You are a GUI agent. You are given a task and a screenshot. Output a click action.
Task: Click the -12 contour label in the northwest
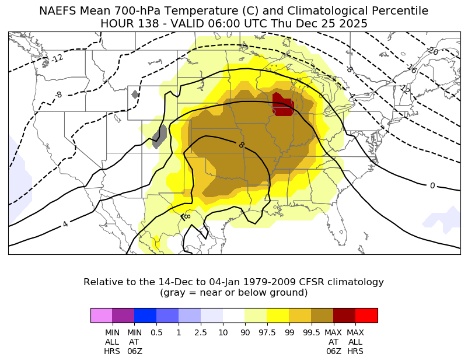pyautogui.click(x=57, y=58)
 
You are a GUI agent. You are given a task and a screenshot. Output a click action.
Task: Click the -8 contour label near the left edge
pyautogui.click(x=58, y=94)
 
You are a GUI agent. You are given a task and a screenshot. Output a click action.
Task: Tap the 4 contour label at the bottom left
pyautogui.click(x=65, y=224)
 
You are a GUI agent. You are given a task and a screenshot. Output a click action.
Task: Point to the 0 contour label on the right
pyautogui.click(x=432, y=185)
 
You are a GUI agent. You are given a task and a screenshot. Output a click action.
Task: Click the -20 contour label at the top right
pyautogui.click(x=432, y=51)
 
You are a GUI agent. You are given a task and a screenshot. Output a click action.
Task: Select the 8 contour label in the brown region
pyautogui.click(x=241, y=145)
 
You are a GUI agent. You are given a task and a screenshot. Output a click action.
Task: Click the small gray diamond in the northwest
pyautogui.click(x=135, y=94)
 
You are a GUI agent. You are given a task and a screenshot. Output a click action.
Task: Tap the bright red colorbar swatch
pyautogui.click(x=366, y=315)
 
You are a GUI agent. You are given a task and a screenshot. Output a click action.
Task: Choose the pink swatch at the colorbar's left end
pyautogui.click(x=102, y=315)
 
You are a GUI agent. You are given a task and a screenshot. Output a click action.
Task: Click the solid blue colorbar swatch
pyautogui.click(x=145, y=315)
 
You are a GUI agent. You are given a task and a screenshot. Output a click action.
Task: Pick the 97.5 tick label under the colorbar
pyautogui.click(x=267, y=332)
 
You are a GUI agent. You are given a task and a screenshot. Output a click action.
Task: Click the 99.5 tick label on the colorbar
pyautogui.click(x=312, y=332)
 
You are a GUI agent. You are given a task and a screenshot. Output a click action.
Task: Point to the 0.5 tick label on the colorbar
pyautogui.click(x=156, y=332)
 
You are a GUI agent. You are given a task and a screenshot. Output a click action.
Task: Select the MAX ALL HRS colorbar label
pyautogui.click(x=355, y=342)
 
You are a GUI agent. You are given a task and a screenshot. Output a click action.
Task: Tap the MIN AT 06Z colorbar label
pyautogui.click(x=135, y=342)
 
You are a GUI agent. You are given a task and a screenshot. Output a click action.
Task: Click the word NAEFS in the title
pyautogui.click(x=58, y=11)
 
